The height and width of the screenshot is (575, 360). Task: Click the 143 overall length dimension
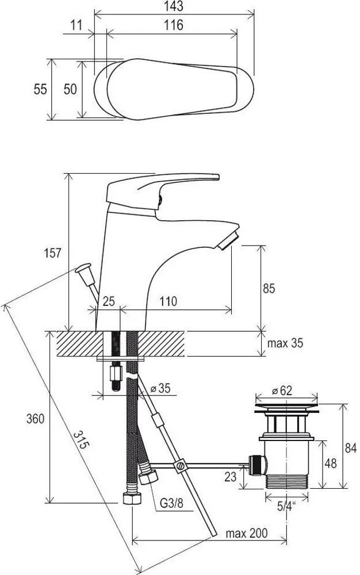(174, 6)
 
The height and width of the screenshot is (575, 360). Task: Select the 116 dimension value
(174, 25)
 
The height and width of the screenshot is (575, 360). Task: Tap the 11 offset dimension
(76, 25)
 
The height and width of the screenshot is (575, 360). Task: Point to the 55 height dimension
(40, 89)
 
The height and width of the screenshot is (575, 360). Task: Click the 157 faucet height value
(53, 253)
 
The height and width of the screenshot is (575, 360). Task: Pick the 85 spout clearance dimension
(269, 289)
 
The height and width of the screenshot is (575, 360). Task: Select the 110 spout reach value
(168, 301)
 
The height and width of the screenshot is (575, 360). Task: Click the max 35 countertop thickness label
(285, 343)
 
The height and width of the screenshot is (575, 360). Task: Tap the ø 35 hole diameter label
(160, 388)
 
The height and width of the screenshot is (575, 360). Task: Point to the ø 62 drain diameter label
(282, 390)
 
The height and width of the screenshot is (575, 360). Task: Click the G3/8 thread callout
(171, 503)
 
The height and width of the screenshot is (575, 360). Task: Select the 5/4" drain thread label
(286, 507)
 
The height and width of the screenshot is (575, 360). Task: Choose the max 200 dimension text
(246, 533)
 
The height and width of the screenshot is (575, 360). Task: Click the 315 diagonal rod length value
(81, 440)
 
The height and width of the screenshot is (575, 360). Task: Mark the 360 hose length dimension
(35, 419)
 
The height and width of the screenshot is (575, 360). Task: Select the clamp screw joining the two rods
(181, 466)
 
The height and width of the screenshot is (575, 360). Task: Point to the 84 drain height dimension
(350, 448)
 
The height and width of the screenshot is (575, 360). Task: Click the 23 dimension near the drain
(230, 477)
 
